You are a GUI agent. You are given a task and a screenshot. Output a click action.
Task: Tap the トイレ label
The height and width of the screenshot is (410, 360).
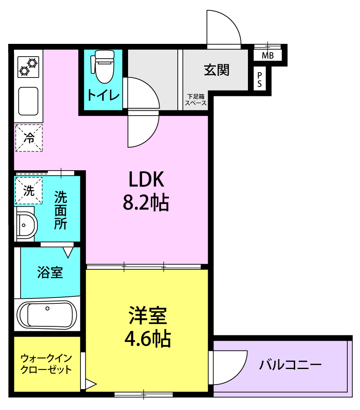103,95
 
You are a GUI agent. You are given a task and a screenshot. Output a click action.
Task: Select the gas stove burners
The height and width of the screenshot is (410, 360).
28,67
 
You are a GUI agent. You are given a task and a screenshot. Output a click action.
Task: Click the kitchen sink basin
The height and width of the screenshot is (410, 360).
28,101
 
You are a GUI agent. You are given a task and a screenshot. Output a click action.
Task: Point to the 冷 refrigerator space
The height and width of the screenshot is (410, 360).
29,138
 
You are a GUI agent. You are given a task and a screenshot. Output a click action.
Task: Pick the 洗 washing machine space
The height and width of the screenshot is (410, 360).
29,191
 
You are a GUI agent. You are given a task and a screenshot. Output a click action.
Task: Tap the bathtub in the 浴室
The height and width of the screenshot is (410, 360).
47,315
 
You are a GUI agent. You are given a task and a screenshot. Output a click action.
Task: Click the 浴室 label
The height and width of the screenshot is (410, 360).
50,273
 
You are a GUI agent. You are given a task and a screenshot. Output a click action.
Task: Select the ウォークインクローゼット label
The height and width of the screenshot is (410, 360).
46,364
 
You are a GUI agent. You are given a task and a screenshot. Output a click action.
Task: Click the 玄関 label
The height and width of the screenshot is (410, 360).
216,70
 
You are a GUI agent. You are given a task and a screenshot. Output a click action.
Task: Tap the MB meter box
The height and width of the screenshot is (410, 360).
268,55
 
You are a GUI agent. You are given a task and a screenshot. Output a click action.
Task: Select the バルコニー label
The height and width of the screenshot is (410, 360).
290,365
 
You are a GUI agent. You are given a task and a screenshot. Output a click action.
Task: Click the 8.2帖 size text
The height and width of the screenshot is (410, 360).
146,203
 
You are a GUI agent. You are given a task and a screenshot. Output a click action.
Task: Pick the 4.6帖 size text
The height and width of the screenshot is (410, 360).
148,339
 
